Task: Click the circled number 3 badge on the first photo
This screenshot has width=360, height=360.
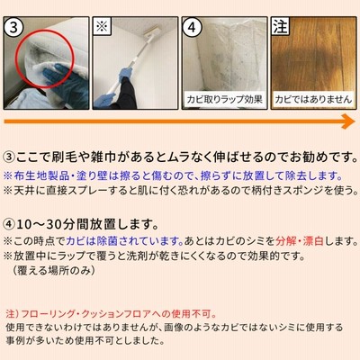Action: [x=13, y=27]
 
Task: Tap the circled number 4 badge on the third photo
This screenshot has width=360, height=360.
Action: [x=192, y=27]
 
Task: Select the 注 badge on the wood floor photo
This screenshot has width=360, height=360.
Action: [x=280, y=26]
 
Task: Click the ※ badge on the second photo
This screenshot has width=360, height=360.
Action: [x=102, y=26]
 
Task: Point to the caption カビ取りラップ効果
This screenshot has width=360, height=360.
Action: [x=224, y=99]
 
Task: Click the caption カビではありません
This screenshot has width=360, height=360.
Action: [x=313, y=99]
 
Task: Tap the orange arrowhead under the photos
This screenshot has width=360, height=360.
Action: [x=348, y=121]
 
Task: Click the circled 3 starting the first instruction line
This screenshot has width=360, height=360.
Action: [x=9, y=157]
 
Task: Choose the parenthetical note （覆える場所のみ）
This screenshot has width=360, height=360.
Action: [x=54, y=270]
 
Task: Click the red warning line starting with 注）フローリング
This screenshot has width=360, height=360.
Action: [x=112, y=314]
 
